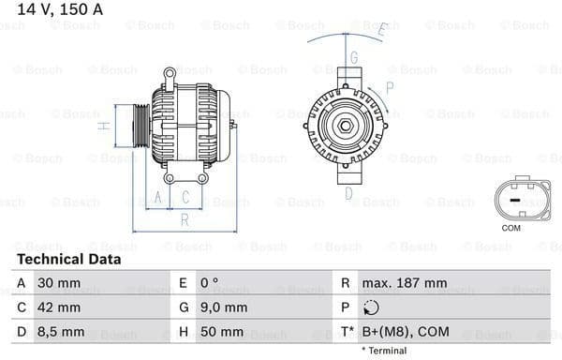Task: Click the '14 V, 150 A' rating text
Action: pyautogui.click(x=55, y=9)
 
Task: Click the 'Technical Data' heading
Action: pyautogui.click(x=68, y=259)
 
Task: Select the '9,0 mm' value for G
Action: pyautogui.click(x=224, y=307)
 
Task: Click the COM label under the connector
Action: pyautogui.click(x=510, y=228)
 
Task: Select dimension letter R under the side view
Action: pyautogui.click(x=185, y=219)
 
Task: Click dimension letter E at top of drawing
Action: pyautogui.click(x=381, y=30)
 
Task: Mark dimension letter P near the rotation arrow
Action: pyautogui.click(x=389, y=87)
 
